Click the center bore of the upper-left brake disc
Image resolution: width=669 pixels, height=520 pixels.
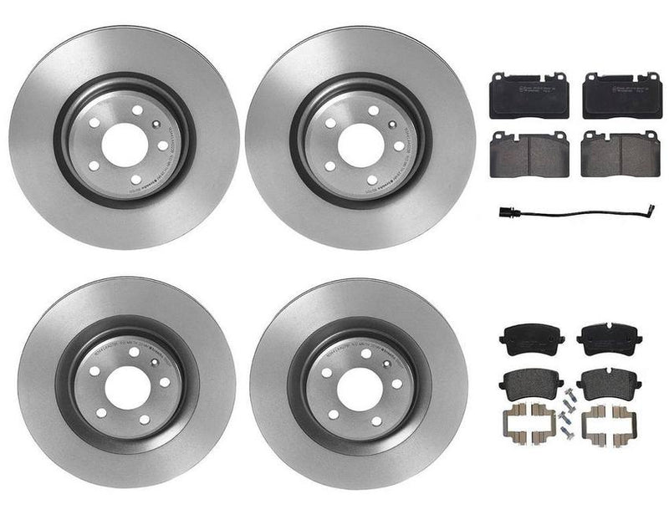pos(125,144)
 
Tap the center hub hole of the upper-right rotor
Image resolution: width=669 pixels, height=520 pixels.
pos(360,144)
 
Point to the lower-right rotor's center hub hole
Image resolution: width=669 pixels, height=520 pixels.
pos(360,389)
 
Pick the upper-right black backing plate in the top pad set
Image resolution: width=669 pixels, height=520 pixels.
pos(620,95)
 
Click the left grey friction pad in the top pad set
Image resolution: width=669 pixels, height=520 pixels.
pos(529,155)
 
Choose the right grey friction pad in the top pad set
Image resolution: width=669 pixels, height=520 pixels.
pos(620,155)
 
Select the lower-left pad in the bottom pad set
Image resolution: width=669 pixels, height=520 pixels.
pos(532,385)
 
